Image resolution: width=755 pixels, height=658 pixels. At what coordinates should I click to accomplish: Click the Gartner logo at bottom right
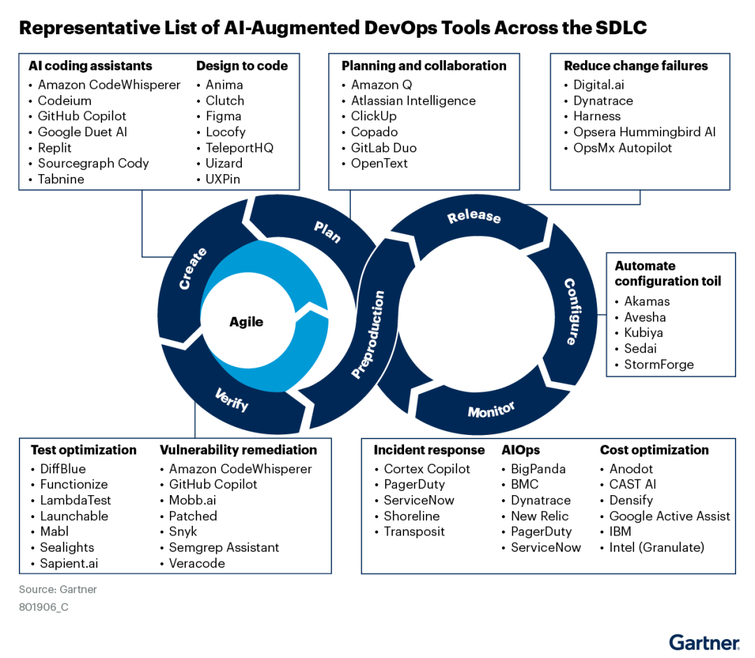click(703, 643)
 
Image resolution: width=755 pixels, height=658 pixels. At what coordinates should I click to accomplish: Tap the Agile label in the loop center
click(246, 322)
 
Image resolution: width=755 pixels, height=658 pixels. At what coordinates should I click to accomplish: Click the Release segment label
click(474, 217)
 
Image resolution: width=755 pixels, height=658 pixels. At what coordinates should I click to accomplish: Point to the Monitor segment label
click(491, 410)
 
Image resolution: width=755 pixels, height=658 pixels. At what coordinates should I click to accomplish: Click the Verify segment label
click(231, 400)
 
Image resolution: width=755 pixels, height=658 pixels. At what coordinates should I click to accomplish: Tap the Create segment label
click(192, 269)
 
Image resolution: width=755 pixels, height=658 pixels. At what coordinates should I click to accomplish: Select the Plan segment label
click(326, 231)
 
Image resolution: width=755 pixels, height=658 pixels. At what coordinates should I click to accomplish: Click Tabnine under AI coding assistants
click(61, 179)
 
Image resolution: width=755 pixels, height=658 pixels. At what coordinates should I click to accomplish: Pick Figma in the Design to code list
click(223, 116)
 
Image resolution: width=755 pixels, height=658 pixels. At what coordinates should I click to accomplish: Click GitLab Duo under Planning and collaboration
click(384, 148)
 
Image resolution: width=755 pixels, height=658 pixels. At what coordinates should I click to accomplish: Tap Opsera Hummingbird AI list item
click(644, 131)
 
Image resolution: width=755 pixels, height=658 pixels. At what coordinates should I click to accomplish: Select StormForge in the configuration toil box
click(659, 364)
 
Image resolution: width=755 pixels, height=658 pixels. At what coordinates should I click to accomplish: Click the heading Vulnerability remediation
click(238, 450)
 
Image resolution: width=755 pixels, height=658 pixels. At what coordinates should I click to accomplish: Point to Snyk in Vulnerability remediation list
click(183, 531)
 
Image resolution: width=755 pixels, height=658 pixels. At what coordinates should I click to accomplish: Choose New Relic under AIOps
click(540, 516)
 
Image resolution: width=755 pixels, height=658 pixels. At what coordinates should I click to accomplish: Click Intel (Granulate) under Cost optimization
click(656, 548)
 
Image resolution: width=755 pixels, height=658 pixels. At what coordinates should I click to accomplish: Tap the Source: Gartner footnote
click(58, 589)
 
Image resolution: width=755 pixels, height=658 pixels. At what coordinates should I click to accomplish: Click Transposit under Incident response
click(413, 531)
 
